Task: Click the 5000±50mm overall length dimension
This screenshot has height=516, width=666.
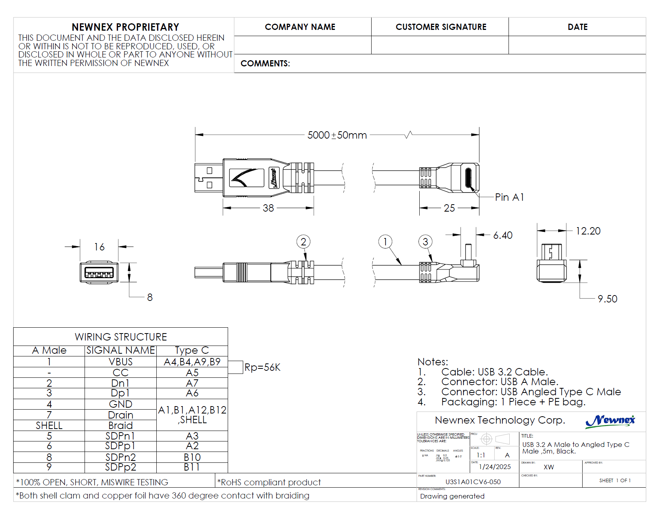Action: coord(337,135)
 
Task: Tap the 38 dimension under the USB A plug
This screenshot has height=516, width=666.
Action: coord(268,208)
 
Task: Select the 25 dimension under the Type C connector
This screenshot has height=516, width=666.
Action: coord(449,208)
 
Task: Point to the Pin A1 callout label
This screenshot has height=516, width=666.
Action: coord(509,197)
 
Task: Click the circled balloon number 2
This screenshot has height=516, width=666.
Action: coord(303,241)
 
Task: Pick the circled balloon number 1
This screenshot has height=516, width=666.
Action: coord(385,241)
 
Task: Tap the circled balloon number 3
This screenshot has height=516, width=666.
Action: coord(426,241)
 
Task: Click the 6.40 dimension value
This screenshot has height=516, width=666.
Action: coord(503,235)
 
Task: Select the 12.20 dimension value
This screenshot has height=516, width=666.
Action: coord(588,231)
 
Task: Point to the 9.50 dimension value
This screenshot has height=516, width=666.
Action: coord(607,299)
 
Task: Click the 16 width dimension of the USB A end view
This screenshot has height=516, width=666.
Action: coord(99,247)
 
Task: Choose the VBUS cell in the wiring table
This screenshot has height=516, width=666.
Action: coord(121,362)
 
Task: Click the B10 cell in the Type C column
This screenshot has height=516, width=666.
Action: coord(192,457)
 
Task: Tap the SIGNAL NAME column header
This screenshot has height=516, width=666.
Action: coord(121,350)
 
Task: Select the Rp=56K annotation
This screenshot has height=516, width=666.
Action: coord(262,367)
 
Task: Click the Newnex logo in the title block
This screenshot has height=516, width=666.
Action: coord(610,420)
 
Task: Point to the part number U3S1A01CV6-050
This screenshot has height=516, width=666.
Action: coord(473,482)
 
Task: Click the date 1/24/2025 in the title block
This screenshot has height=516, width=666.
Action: coord(495,467)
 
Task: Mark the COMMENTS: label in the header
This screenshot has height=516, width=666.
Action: coord(265,64)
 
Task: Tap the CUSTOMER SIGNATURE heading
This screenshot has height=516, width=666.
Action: coord(441,27)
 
